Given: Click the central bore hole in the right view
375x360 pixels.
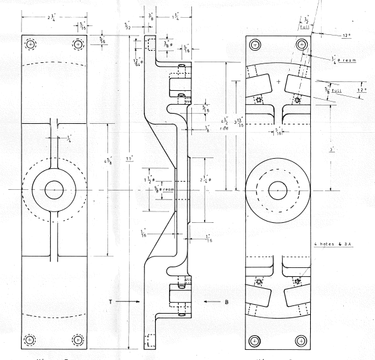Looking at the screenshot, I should (x=277, y=190).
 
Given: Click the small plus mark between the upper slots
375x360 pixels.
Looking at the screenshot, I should (x=278, y=82).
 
